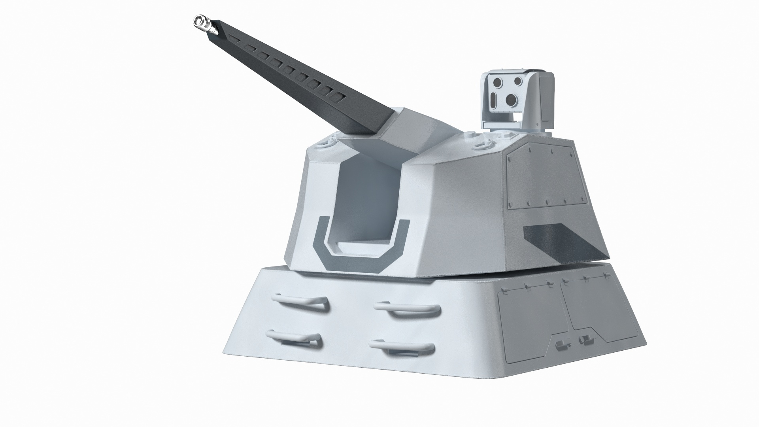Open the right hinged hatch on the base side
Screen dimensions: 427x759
(x=593, y=316)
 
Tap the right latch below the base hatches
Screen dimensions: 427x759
(x=584, y=339)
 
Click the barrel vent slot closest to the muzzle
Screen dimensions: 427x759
(x=233, y=38)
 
